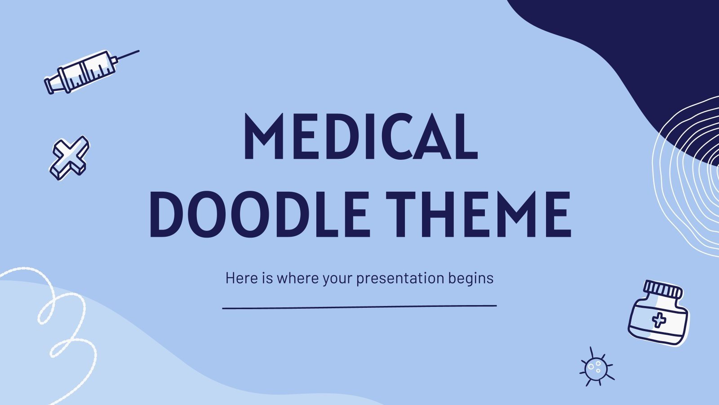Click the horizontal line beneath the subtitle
coord(359,307)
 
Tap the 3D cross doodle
coord(69,157)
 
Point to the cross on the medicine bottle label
coord(659,320)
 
